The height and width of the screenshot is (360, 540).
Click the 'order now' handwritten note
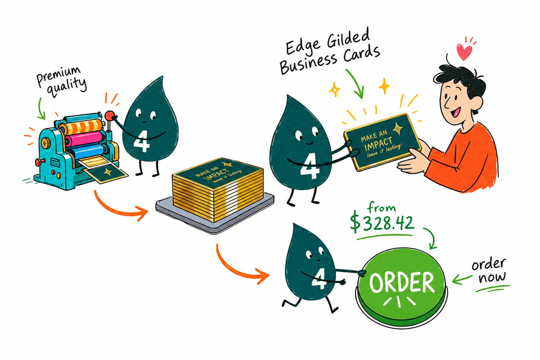(489, 271)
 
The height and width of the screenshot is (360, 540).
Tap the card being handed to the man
(382, 141)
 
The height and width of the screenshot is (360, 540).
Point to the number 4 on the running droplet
(319, 279)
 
